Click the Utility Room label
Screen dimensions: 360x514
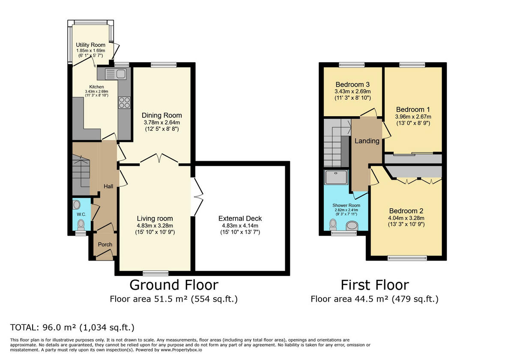90,45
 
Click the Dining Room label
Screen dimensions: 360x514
162,115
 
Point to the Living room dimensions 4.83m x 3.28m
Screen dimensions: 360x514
155,225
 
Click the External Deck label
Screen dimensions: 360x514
240,219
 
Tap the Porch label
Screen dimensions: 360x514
105,245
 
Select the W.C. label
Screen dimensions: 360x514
81,214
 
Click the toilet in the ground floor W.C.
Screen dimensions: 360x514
81,224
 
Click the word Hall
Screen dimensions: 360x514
108,186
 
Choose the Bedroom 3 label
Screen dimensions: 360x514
353,84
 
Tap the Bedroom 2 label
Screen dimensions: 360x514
406,211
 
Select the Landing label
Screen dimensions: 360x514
367,141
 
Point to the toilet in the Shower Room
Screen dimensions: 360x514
334,224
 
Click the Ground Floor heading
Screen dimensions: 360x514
173,285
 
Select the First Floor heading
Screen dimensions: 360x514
374,285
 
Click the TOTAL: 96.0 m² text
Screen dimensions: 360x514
72,328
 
